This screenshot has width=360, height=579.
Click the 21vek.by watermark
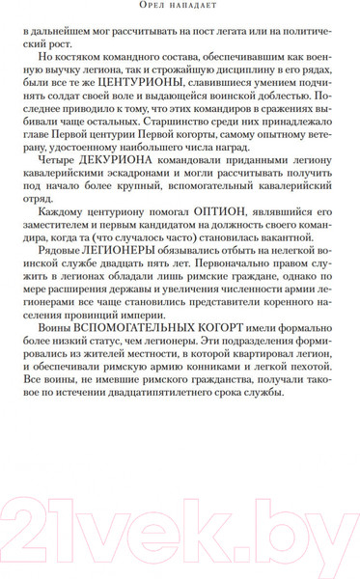click(180, 528)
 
